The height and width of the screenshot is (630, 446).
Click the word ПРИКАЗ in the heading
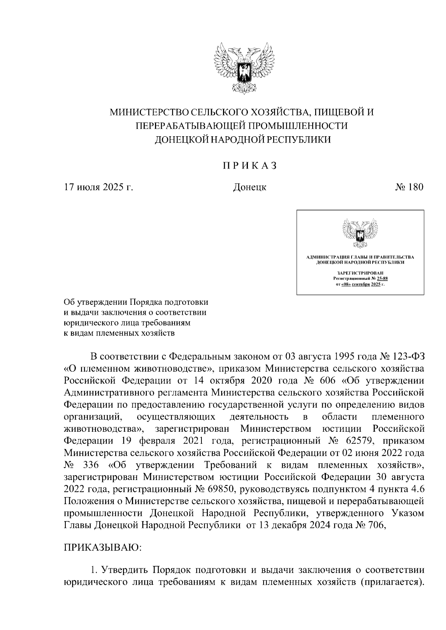(x=250, y=166)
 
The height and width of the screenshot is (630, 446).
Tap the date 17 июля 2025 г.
(x=98, y=187)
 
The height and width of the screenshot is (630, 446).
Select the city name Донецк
(x=249, y=187)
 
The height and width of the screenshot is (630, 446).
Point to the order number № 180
(x=409, y=187)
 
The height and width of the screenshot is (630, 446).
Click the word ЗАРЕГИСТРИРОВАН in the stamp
(x=359, y=273)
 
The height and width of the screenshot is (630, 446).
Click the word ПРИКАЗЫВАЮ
(x=102, y=548)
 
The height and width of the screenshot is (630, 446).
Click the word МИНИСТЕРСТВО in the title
(x=149, y=112)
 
